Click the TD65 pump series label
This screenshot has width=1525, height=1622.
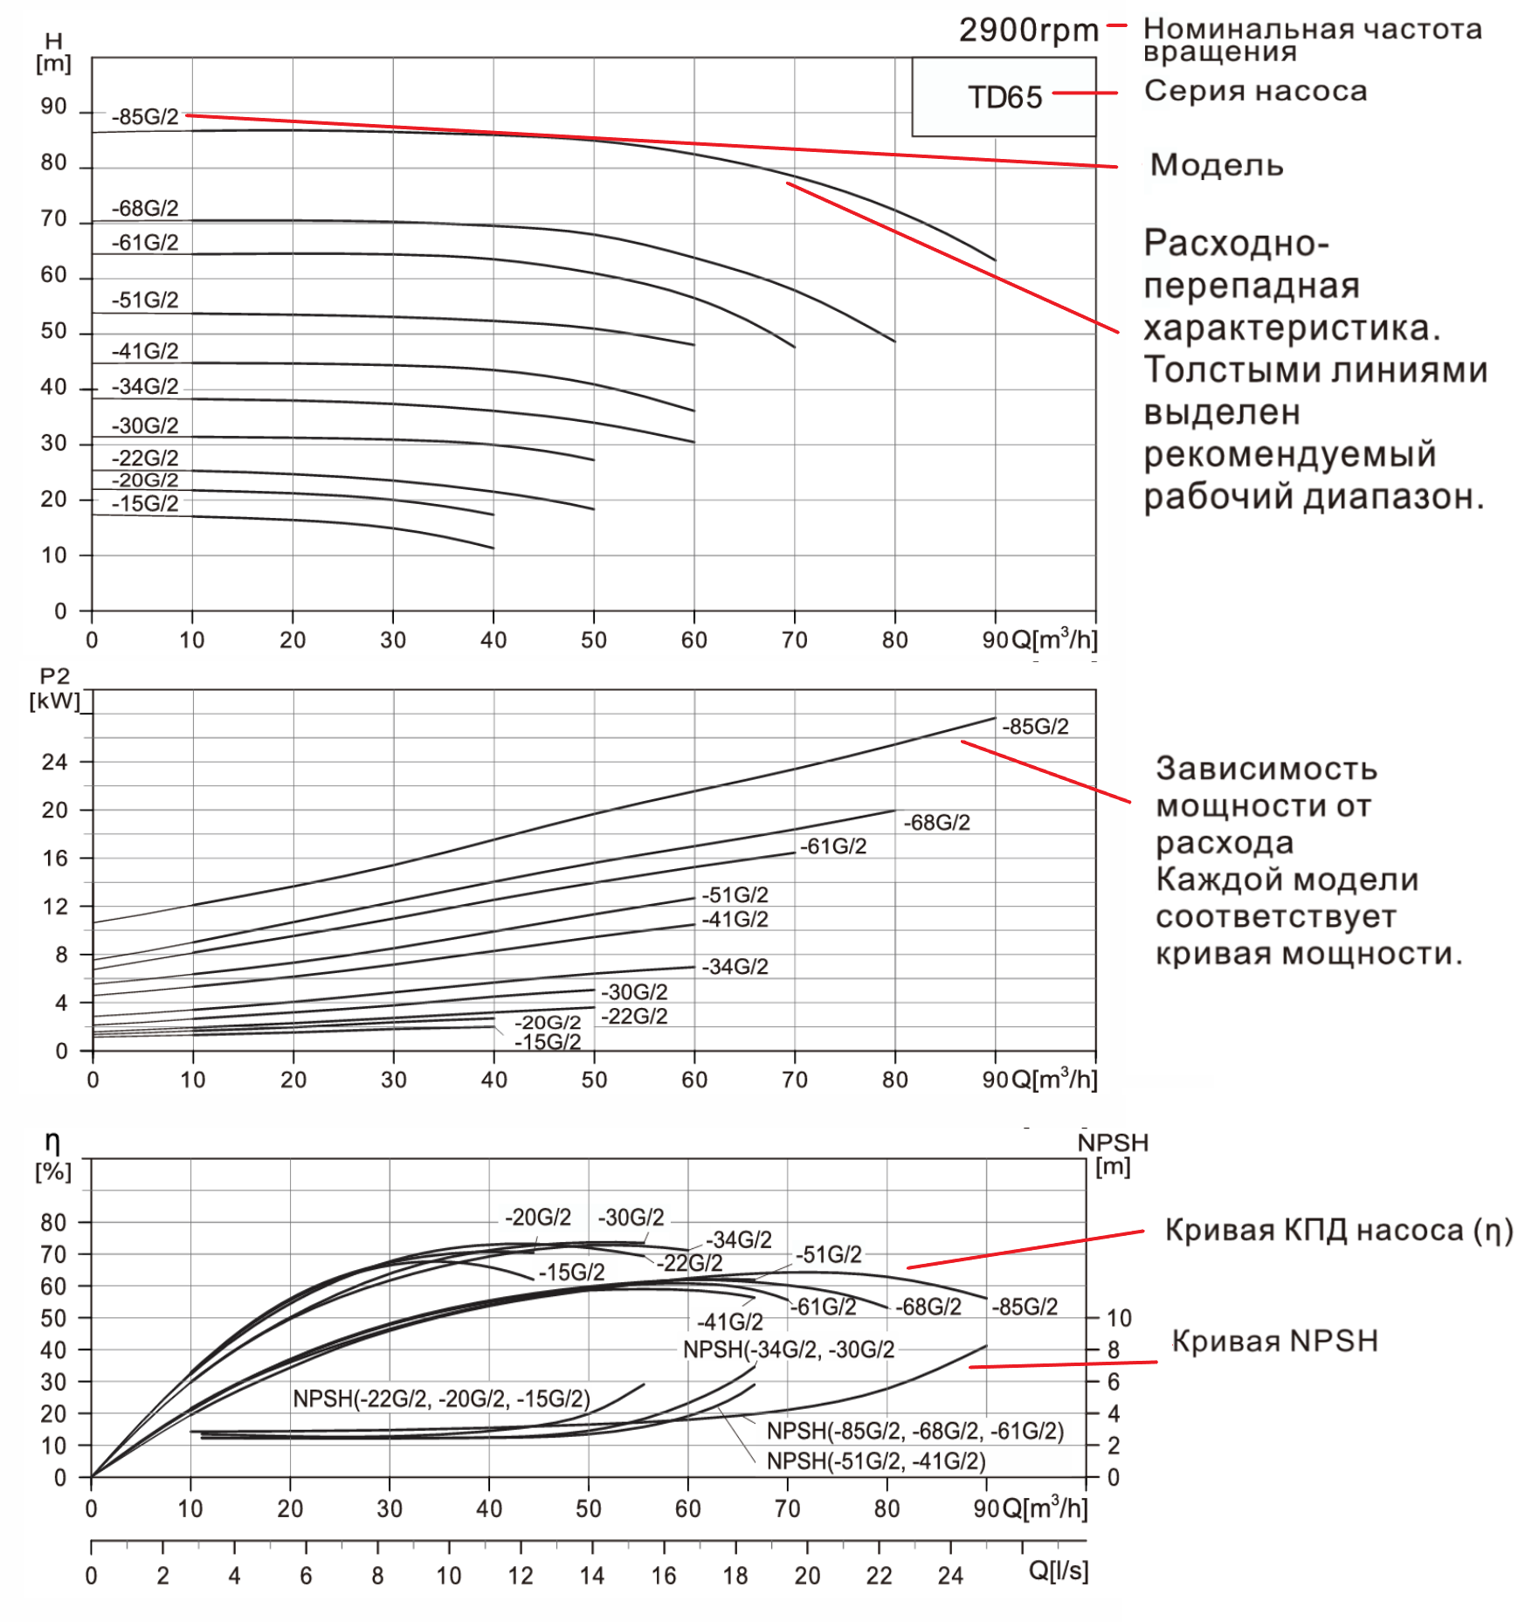pyautogui.click(x=1004, y=97)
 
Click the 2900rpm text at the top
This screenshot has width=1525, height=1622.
pyautogui.click(x=1028, y=31)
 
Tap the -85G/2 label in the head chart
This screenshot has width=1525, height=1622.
pyautogui.click(x=145, y=117)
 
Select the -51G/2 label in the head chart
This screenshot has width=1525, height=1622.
pyautogui.click(x=145, y=300)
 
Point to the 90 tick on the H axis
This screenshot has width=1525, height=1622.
pyautogui.click(x=54, y=107)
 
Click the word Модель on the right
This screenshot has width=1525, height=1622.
pyautogui.click(x=1216, y=165)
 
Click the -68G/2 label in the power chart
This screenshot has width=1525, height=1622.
pyautogui.click(x=936, y=823)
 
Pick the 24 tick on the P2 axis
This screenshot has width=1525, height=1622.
pyautogui.click(x=54, y=763)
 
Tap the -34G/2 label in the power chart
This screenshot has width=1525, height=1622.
pyautogui.click(x=735, y=967)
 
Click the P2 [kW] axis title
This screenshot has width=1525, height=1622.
pyautogui.click(x=54, y=689)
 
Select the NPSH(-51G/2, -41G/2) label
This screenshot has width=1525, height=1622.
pyautogui.click(x=876, y=1461)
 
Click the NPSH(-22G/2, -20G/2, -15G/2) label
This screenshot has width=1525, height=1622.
pyautogui.click(x=441, y=1398)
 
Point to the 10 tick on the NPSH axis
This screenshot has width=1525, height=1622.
pyautogui.click(x=1119, y=1318)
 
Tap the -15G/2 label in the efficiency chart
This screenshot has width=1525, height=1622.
pyautogui.click(x=571, y=1273)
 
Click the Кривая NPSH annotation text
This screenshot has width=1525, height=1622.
pyautogui.click(x=1274, y=1341)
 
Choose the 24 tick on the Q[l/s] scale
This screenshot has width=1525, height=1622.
pyautogui.click(x=950, y=1576)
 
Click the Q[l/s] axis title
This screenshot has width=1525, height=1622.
pyautogui.click(x=1058, y=1570)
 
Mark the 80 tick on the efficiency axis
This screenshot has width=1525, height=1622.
pyautogui.click(x=54, y=1223)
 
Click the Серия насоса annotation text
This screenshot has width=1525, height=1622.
pyautogui.click(x=1255, y=91)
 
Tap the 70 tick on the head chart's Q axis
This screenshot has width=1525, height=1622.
pyautogui.click(x=794, y=640)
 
